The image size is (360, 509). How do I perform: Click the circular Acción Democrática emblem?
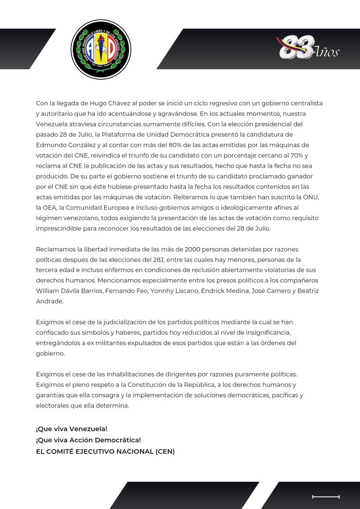tap(101, 49)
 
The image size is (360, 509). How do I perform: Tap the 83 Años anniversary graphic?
tap(309, 48)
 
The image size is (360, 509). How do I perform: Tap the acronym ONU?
tap(314, 197)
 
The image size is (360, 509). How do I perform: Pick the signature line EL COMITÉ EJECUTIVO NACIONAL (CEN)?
tap(105, 451)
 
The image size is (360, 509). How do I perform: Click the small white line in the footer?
tap(326, 496)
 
